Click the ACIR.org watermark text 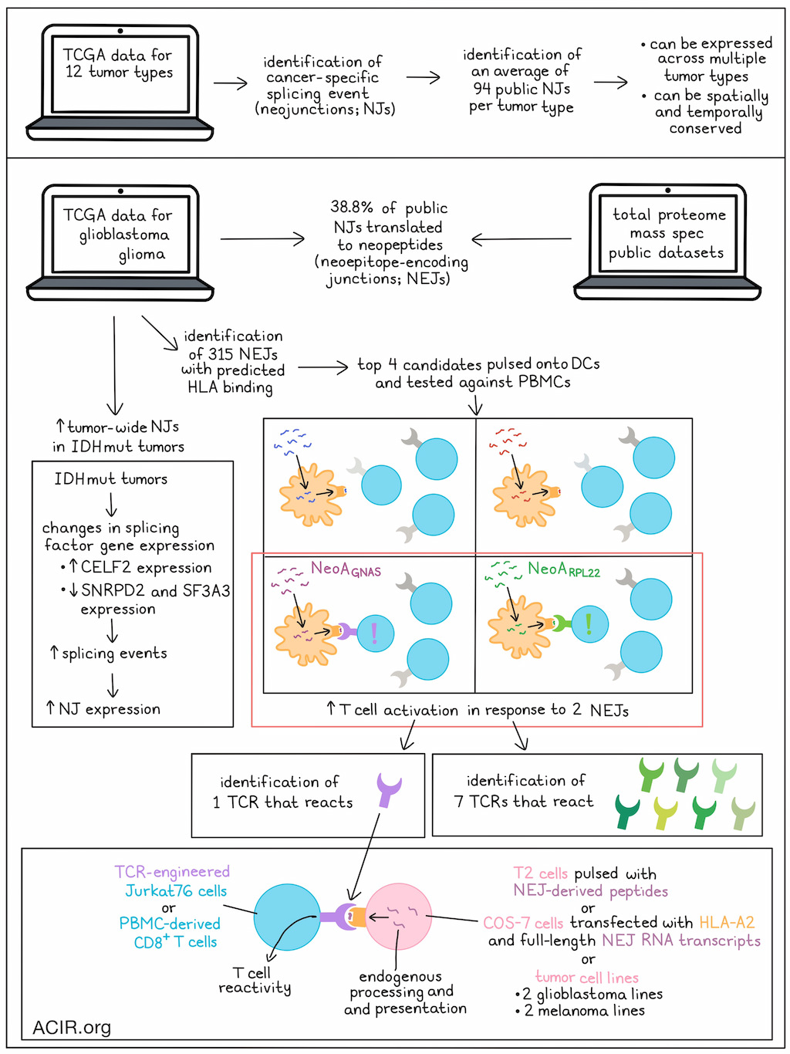72,1027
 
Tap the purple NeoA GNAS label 346,569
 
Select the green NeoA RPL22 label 564,569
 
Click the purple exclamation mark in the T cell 374,633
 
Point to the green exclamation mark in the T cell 589,623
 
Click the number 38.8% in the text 351,207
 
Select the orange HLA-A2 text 727,922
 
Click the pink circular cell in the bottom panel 399,917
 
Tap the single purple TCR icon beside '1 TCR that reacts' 389,789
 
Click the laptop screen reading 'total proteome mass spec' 667,233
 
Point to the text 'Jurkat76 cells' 176,890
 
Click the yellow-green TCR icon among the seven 665,813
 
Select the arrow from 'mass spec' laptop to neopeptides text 522,238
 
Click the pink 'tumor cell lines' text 587,977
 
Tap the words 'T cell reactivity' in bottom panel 255,981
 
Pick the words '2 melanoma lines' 584,1010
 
